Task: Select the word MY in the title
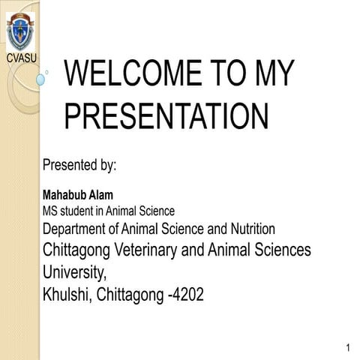point(268,76)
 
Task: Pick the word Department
point(74,228)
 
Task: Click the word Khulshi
point(66,294)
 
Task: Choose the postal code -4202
point(181,294)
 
